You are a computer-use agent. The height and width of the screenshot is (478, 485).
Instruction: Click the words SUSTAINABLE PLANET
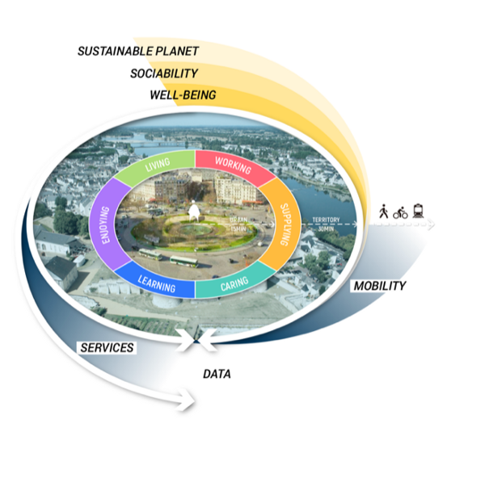click(137, 51)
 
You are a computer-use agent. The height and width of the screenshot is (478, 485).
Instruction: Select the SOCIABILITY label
click(164, 73)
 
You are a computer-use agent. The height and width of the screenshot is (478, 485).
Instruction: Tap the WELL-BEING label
click(183, 95)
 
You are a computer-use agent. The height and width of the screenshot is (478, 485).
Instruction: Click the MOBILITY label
click(379, 286)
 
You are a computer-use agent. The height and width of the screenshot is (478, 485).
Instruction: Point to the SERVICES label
click(107, 347)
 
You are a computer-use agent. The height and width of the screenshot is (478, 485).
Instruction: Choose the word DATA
click(217, 374)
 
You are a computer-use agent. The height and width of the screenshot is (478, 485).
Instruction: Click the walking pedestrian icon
click(383, 212)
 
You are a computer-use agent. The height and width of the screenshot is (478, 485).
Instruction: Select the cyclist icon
click(400, 213)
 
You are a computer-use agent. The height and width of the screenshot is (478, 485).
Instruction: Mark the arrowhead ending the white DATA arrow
click(191, 398)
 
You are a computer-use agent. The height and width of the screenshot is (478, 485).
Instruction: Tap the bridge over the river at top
click(154, 145)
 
